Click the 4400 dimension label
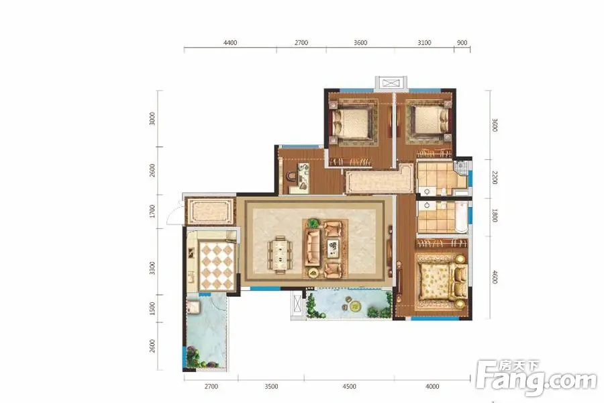pos(230,42)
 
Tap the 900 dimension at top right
pos(462,42)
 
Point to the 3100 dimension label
pos(424,42)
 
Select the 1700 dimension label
pos(152,212)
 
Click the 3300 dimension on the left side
pos(152,268)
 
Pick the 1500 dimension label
pos(152,308)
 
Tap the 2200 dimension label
pos(495,178)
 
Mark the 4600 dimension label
pos(495,277)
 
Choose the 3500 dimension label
pos(271,386)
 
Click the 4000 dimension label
pos(432,386)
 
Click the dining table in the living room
pos(280,255)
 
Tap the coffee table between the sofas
pos(332,249)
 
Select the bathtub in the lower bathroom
pos(462,216)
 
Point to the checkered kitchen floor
pos(217,265)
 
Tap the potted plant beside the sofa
pos(313,223)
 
